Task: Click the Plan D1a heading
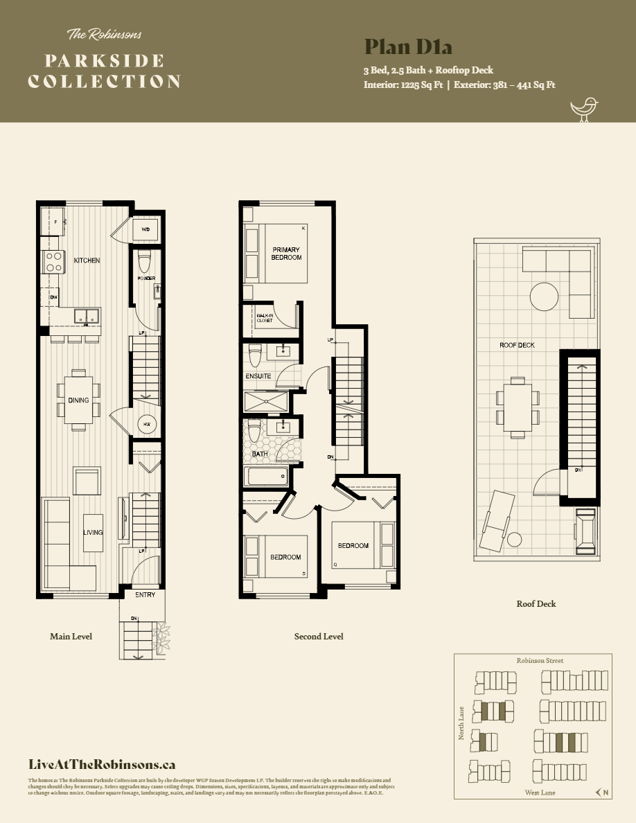coord(408,47)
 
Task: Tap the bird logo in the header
coord(583,109)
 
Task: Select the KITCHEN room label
coord(87,260)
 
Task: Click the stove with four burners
coord(53,261)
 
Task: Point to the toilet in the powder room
coord(145,261)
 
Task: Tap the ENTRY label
coord(145,595)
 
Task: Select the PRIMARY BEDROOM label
coord(287,254)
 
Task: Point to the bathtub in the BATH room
coord(266,476)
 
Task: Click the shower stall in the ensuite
coord(266,401)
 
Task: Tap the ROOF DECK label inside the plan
coord(517,345)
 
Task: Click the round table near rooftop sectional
coord(544,297)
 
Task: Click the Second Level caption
coord(319,636)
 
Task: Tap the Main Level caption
coord(71,636)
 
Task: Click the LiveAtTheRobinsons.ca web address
coord(102,765)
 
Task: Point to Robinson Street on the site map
coord(540,661)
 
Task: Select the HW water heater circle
coord(147,424)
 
